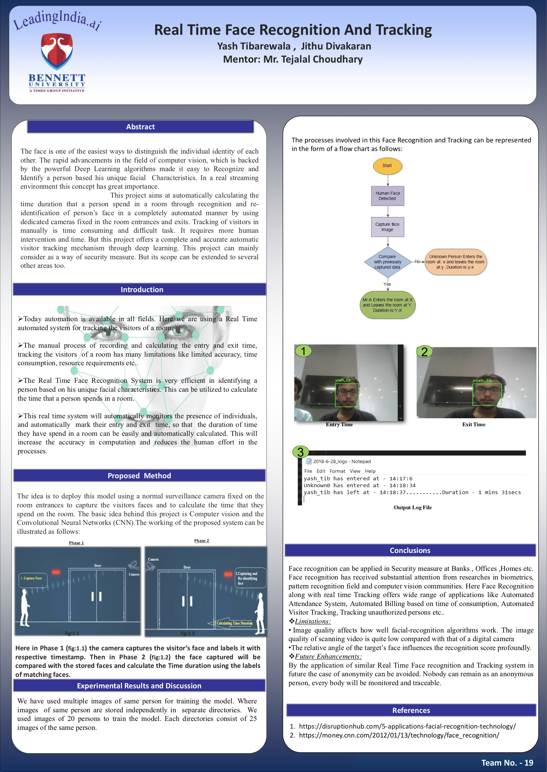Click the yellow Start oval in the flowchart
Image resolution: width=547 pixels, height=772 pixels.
tap(387, 166)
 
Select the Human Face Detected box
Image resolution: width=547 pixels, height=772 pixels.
tap(388, 196)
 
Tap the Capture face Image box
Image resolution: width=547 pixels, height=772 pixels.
tap(387, 227)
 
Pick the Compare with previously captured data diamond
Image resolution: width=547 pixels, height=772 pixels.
tap(387, 262)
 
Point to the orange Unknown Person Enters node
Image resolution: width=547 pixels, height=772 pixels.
tap(455, 262)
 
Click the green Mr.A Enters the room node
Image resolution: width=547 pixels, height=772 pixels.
tap(387, 305)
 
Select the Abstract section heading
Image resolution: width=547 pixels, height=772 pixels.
tap(140, 127)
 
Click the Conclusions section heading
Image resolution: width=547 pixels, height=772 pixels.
tap(410, 550)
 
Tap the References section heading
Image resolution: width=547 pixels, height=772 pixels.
tap(411, 710)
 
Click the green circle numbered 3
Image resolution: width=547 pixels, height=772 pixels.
tap(300, 452)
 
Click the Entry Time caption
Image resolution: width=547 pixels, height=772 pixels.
tap(339, 425)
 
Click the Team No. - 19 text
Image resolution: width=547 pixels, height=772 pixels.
tap(507, 762)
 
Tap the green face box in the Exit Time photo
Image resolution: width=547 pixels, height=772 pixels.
tap(487, 394)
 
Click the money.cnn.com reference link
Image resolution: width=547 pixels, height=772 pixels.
tap(399, 735)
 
